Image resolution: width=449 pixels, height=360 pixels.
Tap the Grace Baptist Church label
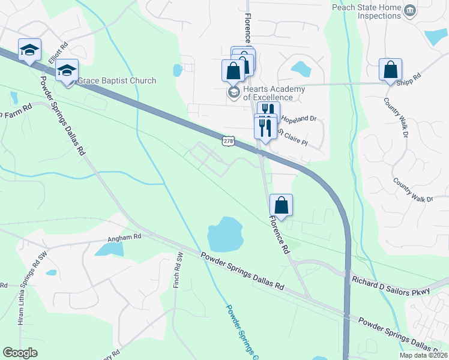pyautogui.click(x=117, y=80)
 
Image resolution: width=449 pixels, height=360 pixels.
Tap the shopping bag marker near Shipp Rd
pyautogui.click(x=390, y=70)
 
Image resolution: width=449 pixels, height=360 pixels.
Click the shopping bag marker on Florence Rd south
pyautogui.click(x=281, y=205)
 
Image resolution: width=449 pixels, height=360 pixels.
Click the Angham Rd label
pyautogui.click(x=124, y=237)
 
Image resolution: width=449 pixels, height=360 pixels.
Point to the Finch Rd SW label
pyautogui.click(x=177, y=269)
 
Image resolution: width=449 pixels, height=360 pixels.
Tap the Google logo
pyautogui.click(x=20, y=353)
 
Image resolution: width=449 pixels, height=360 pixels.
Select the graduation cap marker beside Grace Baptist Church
pyautogui.click(x=67, y=72)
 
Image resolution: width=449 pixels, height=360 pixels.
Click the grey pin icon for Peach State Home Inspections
pyautogui.click(x=411, y=11)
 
